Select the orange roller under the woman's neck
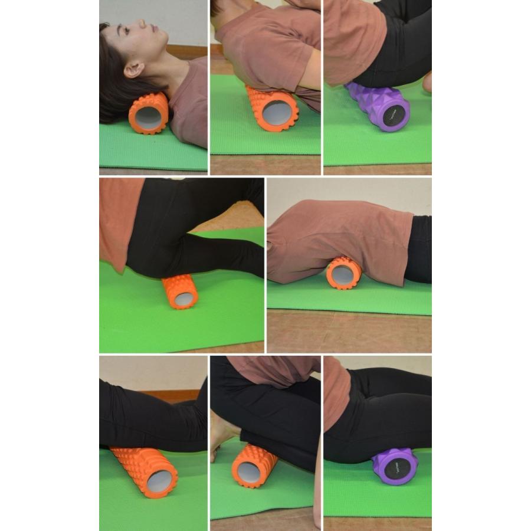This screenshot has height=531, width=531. coord(147,113)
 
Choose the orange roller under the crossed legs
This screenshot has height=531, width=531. coord(179,291)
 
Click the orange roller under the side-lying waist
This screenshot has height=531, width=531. coord(344,273)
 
